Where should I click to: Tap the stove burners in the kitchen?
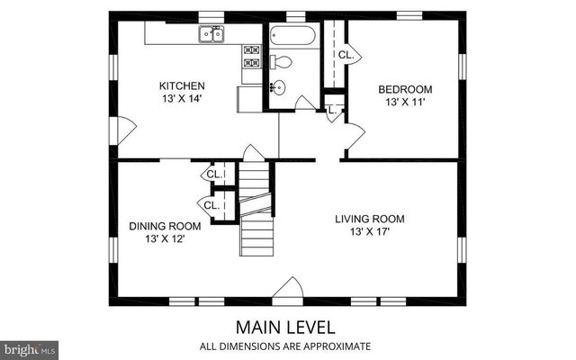pos(250,58)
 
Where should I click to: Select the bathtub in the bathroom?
pos(292,38)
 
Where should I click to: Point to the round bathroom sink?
pos(278,87)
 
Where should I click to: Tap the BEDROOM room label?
pos(405,89)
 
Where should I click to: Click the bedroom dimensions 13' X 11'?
pos(405,102)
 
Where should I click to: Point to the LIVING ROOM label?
pos(370,219)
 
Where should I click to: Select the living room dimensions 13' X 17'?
pos(370,231)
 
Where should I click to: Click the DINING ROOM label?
pos(165,226)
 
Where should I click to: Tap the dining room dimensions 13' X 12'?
pos(165,238)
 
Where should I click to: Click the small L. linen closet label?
pos(332,110)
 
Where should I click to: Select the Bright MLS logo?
pos(30,347)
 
